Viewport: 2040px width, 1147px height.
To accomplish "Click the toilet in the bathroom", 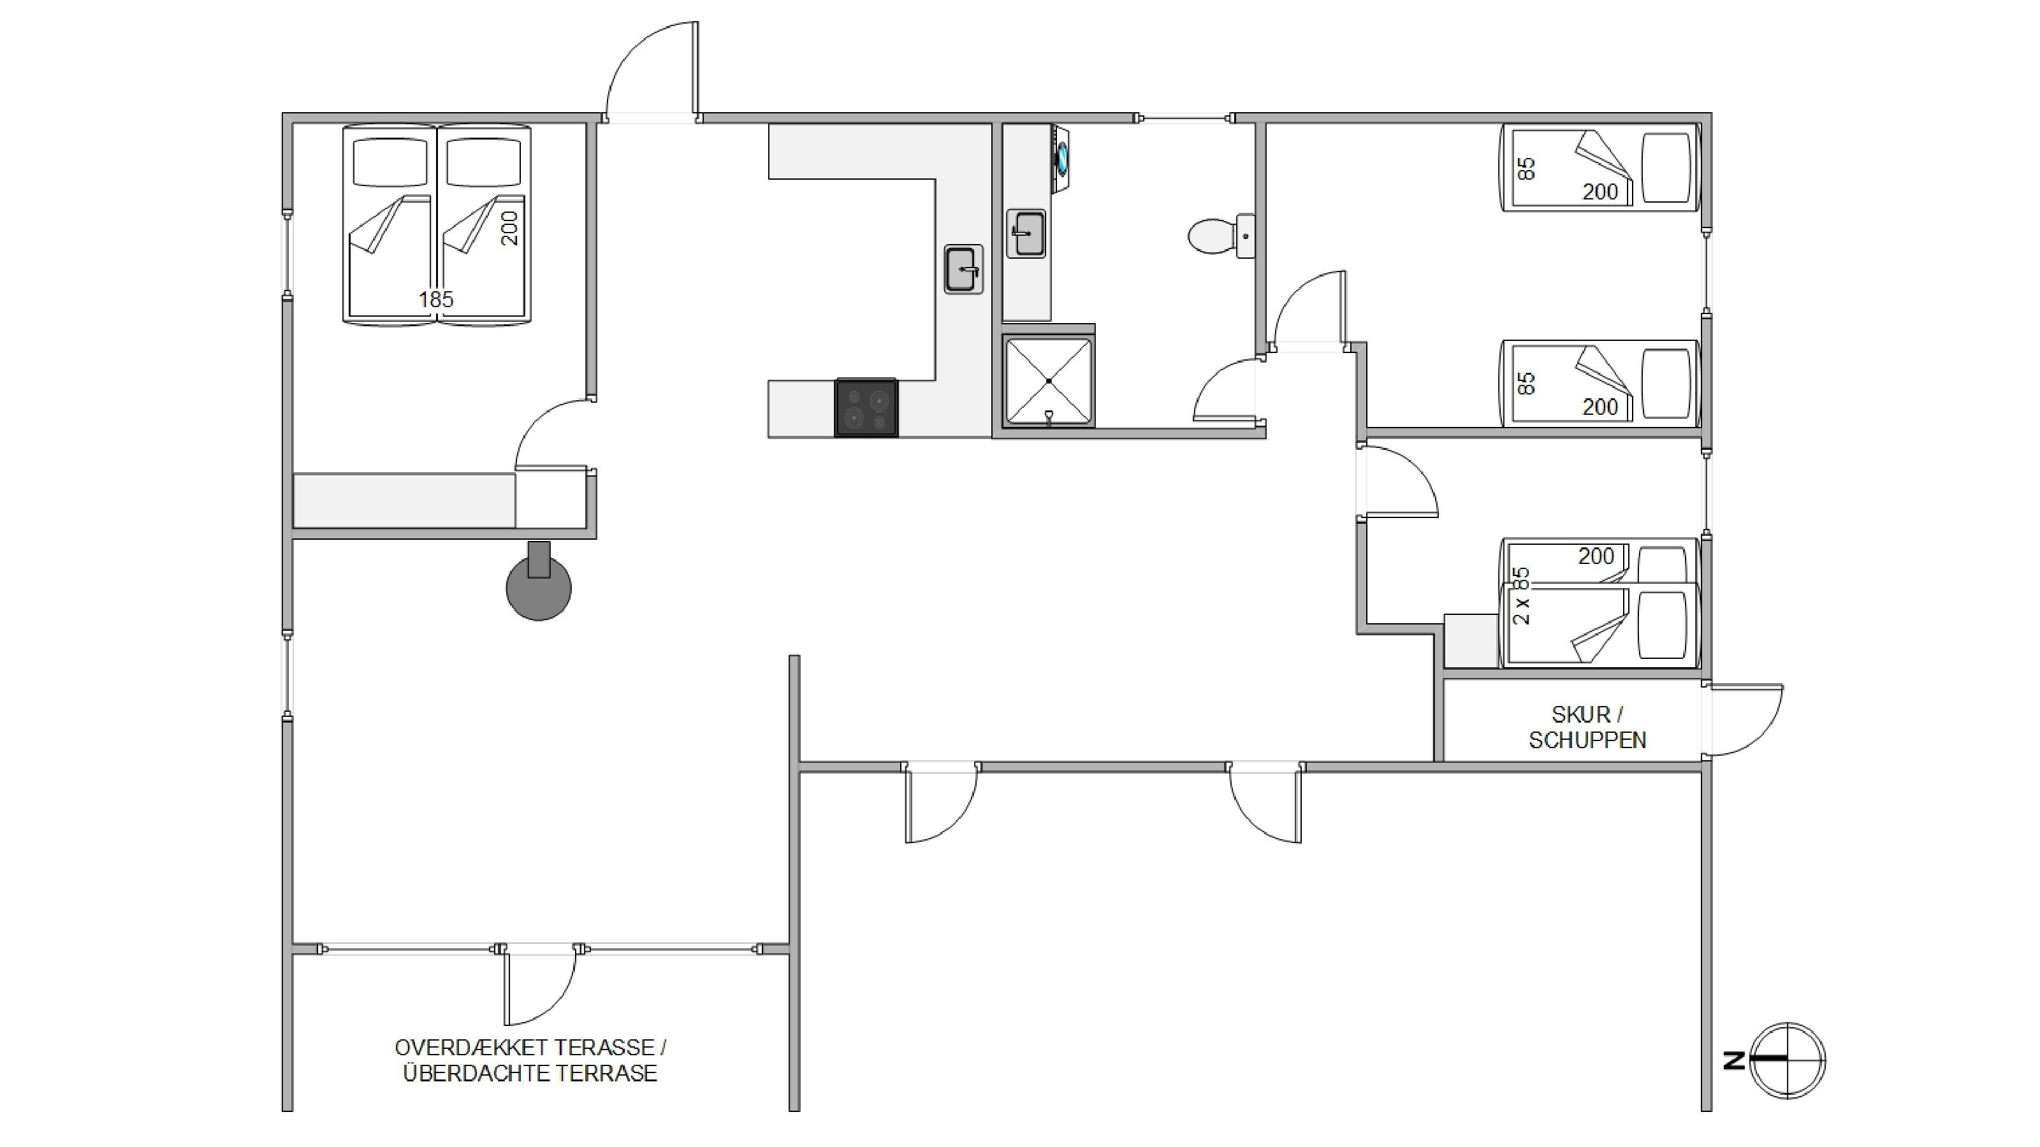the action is (1220, 236).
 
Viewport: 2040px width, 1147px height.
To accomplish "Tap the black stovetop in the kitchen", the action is (866, 407).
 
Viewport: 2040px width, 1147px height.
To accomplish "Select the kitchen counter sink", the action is (964, 269).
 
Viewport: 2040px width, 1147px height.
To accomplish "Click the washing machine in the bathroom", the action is (1061, 158).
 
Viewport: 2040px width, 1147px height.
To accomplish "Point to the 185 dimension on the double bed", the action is (436, 299).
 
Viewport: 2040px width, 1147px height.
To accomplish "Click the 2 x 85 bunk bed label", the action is (1521, 596).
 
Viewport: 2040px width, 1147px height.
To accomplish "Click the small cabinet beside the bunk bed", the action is (1472, 640).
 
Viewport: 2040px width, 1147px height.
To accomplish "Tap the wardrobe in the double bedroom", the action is (404, 500).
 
